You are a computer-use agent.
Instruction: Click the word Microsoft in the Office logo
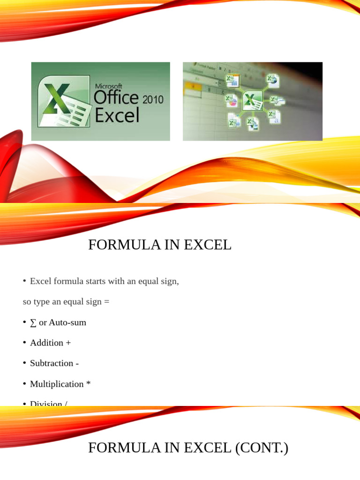(x=108, y=86)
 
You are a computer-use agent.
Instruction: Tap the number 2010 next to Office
(x=152, y=99)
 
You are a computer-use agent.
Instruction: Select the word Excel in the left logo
(x=117, y=115)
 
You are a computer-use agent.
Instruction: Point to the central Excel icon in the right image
(x=253, y=100)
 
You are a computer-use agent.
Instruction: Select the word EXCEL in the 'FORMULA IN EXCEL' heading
(x=208, y=245)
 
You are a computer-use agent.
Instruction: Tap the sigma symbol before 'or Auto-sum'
(x=33, y=322)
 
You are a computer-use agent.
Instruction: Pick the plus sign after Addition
(x=68, y=343)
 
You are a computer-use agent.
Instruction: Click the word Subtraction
(x=51, y=363)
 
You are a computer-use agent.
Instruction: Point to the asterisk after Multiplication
(x=88, y=384)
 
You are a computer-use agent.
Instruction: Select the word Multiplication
(x=57, y=384)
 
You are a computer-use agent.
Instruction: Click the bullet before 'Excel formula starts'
(x=24, y=281)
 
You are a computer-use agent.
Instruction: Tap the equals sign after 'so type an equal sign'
(x=106, y=302)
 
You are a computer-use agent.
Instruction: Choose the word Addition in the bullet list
(x=46, y=343)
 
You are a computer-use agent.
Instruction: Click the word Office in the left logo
(x=116, y=98)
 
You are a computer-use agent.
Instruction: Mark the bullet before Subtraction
(x=24, y=363)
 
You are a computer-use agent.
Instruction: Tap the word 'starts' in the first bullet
(x=94, y=281)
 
